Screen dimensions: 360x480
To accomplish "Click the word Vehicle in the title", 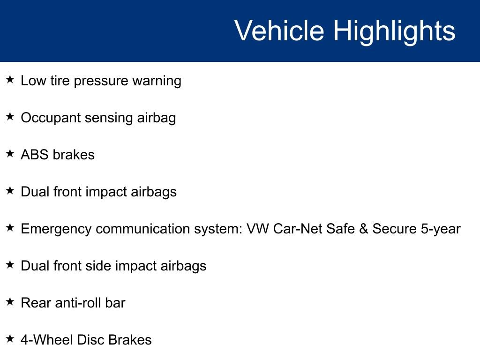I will point(279,31).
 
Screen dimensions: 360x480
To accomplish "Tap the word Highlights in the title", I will point(394,31).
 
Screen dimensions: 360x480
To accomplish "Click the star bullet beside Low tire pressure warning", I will point(10,79).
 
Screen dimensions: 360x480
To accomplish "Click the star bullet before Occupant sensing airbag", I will point(10,116).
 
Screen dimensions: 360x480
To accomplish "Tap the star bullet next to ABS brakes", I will point(10,153).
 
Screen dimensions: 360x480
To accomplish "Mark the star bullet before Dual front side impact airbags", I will point(10,264).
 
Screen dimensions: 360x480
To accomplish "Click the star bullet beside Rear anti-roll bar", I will point(10,301).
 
